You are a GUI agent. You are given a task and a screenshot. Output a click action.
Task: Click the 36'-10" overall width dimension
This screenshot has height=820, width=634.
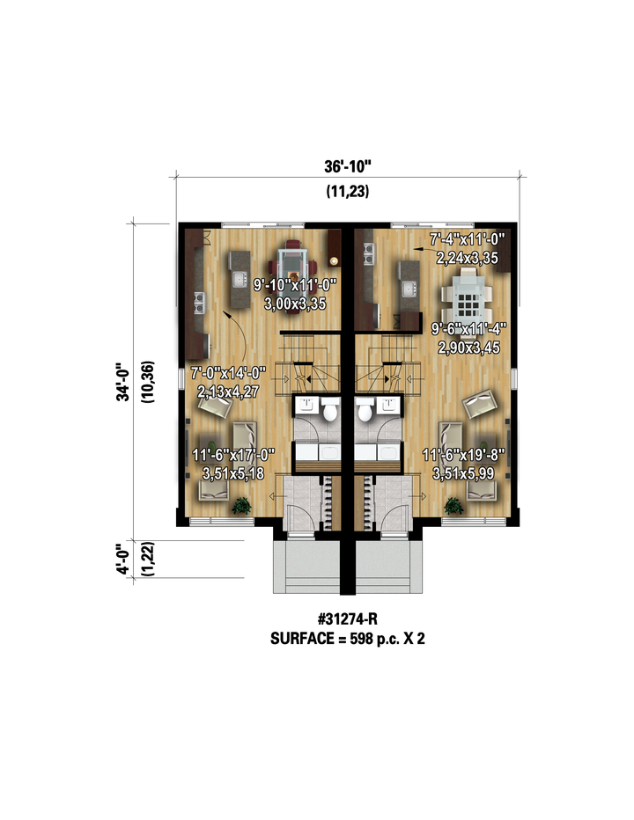(347, 167)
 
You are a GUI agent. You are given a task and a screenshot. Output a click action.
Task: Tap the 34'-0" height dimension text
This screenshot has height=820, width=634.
(123, 381)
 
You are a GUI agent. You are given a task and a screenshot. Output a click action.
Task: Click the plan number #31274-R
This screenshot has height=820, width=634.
(347, 619)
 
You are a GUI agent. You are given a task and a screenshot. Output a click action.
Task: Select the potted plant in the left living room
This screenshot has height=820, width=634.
(242, 505)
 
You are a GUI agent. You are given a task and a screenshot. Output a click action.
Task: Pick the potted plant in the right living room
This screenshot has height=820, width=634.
(453, 505)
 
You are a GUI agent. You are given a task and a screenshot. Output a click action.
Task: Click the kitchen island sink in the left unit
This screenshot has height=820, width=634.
(240, 279)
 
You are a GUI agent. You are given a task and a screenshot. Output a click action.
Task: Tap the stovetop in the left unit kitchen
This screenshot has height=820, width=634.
(199, 303)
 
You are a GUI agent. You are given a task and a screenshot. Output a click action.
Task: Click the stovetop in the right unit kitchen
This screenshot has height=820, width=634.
(369, 253)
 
